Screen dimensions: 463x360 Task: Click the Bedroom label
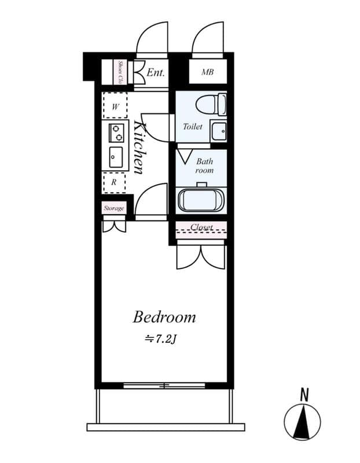(164, 317)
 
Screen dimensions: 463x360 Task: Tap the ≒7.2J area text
(160, 338)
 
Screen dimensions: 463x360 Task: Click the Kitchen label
(139, 147)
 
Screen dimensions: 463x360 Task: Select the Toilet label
(192, 126)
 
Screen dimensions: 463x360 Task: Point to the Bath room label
(204, 166)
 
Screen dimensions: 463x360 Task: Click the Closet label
(201, 227)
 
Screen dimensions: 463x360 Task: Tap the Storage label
(114, 208)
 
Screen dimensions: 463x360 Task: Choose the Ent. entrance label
(155, 73)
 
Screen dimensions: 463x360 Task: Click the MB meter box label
(207, 73)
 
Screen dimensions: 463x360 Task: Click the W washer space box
(115, 106)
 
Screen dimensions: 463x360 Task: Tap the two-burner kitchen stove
(116, 133)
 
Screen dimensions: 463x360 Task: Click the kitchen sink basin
(116, 156)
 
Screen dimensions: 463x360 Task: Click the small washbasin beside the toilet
(219, 132)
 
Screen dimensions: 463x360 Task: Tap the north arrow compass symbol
(303, 420)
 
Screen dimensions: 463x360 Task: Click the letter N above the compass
(303, 395)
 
